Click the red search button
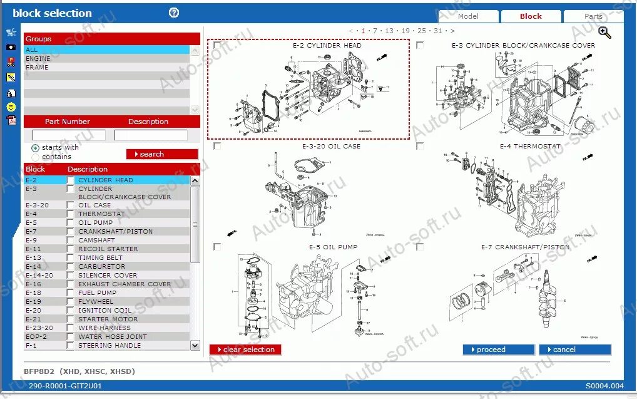[x=162, y=154]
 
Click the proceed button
[x=498, y=350]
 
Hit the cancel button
[x=574, y=350]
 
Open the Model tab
[x=468, y=16]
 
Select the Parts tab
[x=593, y=16]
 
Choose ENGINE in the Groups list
[x=38, y=58]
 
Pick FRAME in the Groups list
[x=37, y=67]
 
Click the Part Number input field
[x=69, y=135]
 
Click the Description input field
[x=151, y=135]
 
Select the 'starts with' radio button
[x=35, y=148]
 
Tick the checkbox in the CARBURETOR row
[x=70, y=266]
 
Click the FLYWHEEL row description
[x=96, y=301]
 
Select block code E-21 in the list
[x=33, y=319]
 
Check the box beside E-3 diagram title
[x=420, y=45]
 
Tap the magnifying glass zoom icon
[x=604, y=33]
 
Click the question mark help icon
[x=174, y=13]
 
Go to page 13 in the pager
[x=389, y=30]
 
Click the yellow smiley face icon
[x=11, y=107]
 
